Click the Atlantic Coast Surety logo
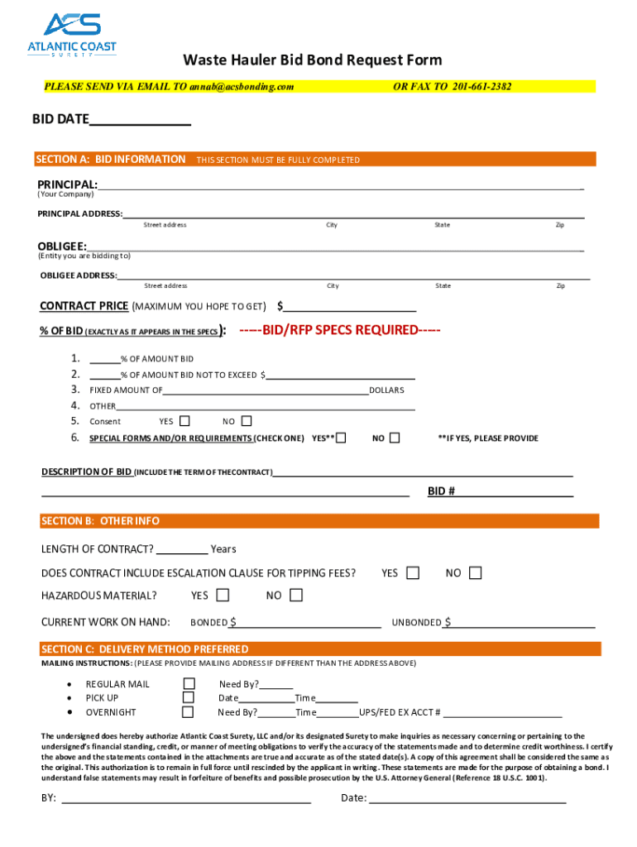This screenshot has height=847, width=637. [x=72, y=36]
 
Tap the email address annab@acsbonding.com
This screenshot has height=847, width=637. [x=241, y=86]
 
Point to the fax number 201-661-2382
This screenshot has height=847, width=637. [x=481, y=86]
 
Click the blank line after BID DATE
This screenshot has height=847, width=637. [x=140, y=121]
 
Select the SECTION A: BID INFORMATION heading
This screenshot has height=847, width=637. [x=111, y=159]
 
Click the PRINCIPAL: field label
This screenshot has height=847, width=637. [x=67, y=184]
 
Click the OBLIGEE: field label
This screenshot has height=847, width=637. [x=62, y=246]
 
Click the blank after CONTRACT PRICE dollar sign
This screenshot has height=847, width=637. [x=349, y=307]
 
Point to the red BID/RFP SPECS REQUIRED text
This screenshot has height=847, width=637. [x=339, y=330]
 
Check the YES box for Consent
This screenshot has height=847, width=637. [x=184, y=421]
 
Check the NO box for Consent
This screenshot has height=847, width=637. [x=246, y=421]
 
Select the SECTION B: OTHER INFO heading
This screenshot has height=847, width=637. [x=100, y=521]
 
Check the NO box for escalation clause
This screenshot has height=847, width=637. [x=475, y=572]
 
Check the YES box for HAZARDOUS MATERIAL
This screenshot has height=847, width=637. [x=223, y=595]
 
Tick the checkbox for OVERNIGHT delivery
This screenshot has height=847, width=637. [x=189, y=712]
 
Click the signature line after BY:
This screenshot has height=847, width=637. [x=186, y=798]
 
